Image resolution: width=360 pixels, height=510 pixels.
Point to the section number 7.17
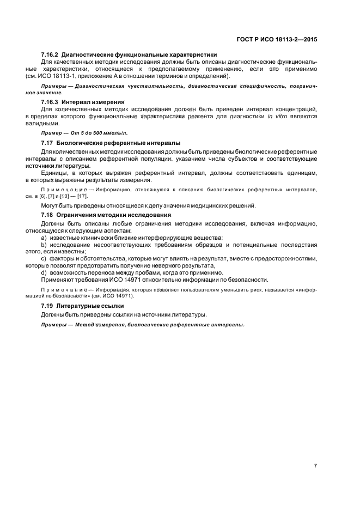tap(48, 143)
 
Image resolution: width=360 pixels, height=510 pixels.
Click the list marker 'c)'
tap(44, 259)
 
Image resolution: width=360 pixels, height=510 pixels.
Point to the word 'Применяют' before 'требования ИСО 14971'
tap(57, 280)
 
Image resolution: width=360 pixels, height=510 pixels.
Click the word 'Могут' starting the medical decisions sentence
tap(51, 205)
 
